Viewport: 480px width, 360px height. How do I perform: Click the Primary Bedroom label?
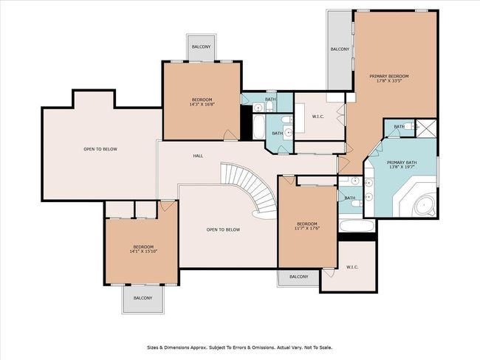388,76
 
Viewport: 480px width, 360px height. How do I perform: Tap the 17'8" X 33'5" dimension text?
388,81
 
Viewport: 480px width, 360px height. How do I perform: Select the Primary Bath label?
402,162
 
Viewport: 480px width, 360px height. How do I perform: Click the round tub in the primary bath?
425,205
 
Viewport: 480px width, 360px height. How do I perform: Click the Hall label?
198,156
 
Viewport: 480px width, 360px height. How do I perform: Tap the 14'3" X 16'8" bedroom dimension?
202,105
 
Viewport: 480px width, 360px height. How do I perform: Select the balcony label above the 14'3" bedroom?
201,46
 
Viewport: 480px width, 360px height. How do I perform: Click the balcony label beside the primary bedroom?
340,49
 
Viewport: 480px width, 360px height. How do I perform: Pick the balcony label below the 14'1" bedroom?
143,298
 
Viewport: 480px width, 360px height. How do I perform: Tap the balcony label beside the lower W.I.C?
299,277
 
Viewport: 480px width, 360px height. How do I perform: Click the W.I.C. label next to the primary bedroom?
318,117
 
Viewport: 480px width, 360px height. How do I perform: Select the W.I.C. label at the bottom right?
352,267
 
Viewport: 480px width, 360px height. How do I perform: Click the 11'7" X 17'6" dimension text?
307,229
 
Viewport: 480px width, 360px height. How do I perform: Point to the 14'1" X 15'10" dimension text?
143,252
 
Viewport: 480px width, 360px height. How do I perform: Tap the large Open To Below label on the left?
100,149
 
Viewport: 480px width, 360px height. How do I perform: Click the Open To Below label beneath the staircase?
223,229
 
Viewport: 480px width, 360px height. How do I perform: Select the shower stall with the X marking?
426,128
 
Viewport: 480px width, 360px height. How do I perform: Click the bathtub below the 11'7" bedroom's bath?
357,226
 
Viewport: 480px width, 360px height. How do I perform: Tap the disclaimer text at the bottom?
240,347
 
